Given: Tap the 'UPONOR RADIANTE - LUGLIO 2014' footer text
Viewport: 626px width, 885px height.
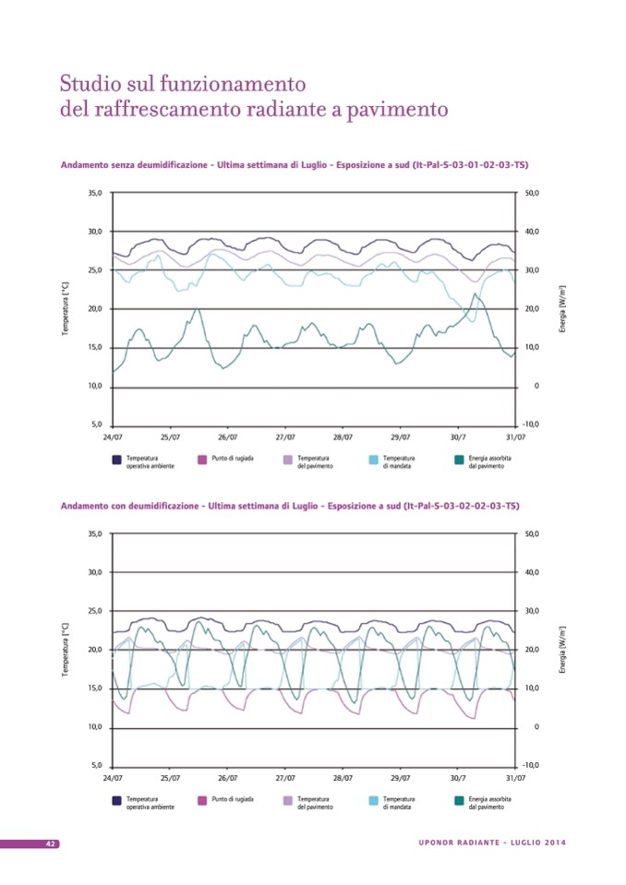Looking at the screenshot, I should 491,843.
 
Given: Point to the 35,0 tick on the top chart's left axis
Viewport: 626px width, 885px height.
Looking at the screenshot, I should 95,193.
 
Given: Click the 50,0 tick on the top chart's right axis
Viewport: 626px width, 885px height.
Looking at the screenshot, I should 531,193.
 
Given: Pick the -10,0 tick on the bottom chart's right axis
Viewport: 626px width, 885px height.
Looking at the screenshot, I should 530,765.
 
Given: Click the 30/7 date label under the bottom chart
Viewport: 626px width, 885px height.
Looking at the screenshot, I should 458,777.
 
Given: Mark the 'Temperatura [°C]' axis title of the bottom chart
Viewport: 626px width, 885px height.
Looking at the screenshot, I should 65,651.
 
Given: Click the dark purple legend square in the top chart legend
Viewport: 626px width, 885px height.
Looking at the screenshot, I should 116,460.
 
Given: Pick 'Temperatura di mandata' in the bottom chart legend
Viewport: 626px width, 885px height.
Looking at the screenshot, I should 398,802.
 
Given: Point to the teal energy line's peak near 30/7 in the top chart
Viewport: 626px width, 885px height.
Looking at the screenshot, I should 475,294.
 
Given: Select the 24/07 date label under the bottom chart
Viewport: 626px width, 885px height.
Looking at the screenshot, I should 113,777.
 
